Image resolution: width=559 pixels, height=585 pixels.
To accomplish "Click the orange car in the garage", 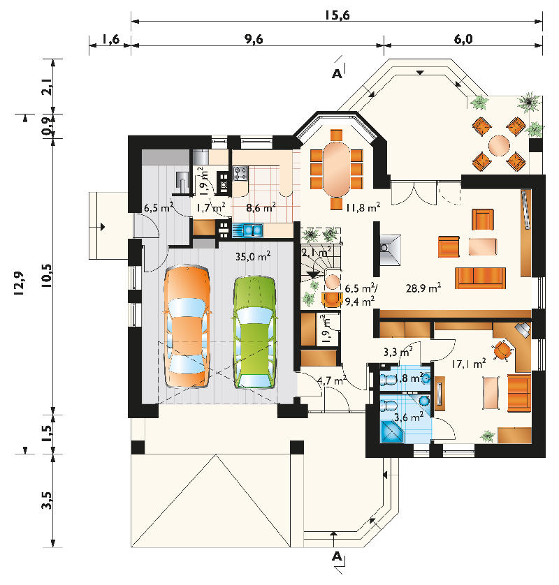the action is coord(187,327).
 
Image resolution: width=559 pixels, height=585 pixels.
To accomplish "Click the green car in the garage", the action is coord(255,332).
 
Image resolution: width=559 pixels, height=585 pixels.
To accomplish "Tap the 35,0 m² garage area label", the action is coord(253,257).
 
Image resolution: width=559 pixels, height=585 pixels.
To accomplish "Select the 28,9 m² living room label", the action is coord(423,288).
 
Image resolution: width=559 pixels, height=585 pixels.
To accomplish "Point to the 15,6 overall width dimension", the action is coord(337,15).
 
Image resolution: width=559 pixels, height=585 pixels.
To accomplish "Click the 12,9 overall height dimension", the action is coord(20,283).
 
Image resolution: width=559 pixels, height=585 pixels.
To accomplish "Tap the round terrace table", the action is coord(499,145).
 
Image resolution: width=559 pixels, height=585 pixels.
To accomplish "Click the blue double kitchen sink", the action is coord(247,230).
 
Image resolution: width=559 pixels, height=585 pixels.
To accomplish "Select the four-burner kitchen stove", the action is coord(240,174).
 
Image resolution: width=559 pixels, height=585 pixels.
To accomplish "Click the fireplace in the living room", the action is coord(389,250).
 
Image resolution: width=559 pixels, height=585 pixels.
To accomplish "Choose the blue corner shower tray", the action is coord(392,432).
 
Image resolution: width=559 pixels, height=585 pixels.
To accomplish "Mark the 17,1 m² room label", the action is coord(469,364).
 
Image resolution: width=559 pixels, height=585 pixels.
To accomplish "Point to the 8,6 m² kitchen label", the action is coord(261,207).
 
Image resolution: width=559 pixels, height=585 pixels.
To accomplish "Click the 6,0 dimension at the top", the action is coord(463,39).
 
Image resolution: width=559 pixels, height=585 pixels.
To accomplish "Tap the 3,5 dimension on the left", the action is coord(47,501).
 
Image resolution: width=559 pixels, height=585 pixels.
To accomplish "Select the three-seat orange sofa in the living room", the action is coord(480,278).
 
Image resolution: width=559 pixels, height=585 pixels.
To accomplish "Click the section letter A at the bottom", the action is coord(337,556).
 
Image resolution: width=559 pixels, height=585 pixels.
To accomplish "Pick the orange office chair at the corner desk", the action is coord(502,350).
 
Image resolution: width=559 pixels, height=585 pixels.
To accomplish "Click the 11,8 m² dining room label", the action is coord(363,207).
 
